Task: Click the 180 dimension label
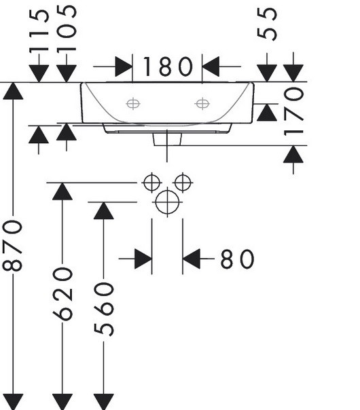[x=168, y=67]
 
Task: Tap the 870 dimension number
[x=12, y=246]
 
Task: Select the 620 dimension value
[x=62, y=294]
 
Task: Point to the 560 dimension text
[x=104, y=309]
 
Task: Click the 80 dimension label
[x=237, y=259]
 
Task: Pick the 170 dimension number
[x=293, y=111]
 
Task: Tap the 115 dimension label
[x=39, y=31]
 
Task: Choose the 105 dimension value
[x=67, y=29]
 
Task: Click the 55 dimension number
[x=267, y=24]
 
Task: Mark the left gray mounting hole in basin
[x=133, y=104]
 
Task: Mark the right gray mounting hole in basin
[x=202, y=104]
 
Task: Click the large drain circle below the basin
[x=167, y=202]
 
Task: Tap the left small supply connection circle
[x=151, y=183]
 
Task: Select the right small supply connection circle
[x=183, y=183]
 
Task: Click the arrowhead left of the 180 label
[x=124, y=67]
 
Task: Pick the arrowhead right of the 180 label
[x=211, y=67]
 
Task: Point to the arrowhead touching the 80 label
[x=192, y=259]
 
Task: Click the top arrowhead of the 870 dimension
[x=13, y=91]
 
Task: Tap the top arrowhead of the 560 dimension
[x=104, y=210]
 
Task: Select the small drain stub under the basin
[x=167, y=139]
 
